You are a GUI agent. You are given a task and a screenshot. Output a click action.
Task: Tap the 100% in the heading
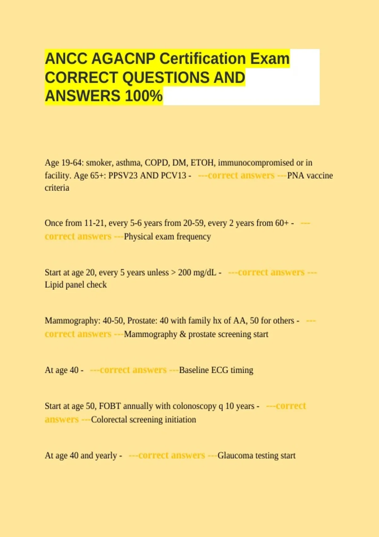(144, 96)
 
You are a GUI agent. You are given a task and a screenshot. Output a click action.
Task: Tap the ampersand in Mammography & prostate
(183, 334)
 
